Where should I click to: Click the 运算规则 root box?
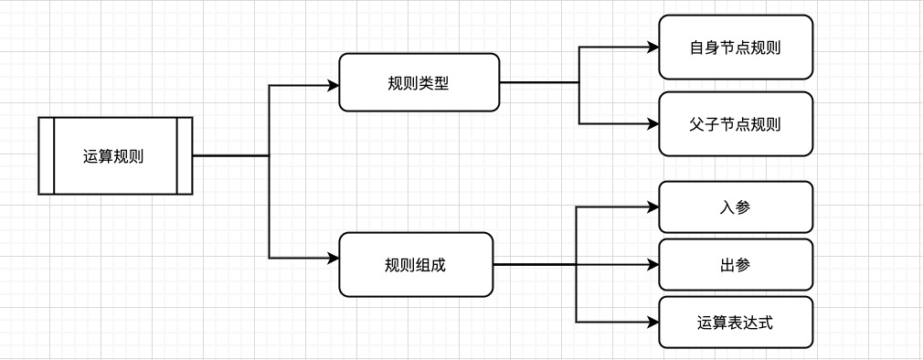115,156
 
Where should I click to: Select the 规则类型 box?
419,83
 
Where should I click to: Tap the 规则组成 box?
416,265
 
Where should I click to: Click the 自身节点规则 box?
736,47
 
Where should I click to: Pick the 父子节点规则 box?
736,123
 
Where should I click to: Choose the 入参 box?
736,207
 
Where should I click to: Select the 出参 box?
736,265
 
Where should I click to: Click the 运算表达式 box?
736,322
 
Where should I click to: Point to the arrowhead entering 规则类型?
334,86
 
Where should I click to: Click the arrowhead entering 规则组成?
334,259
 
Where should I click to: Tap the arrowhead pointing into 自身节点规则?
652,47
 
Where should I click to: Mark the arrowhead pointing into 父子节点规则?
652,123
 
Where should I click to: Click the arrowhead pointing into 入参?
652,208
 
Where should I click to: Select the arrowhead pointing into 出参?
652,265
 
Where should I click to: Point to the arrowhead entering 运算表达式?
652,322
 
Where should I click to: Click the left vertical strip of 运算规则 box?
47,156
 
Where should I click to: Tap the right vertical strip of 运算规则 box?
185,156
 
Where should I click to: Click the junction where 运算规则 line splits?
270,156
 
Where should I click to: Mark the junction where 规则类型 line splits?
579,83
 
